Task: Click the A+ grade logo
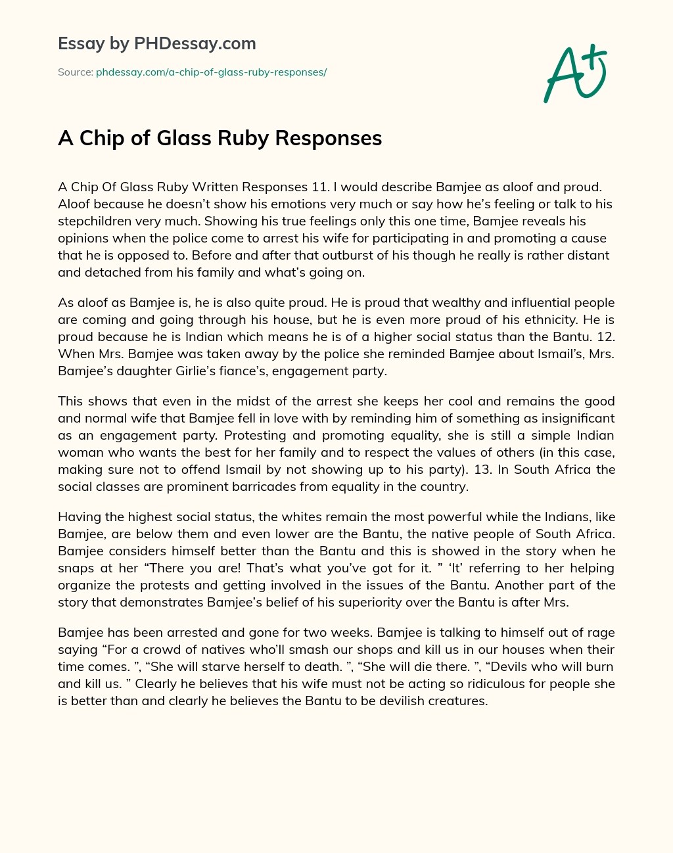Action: click(575, 73)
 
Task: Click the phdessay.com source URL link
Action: click(211, 72)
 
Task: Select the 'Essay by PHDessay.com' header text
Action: click(156, 43)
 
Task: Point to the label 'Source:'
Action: click(75, 72)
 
